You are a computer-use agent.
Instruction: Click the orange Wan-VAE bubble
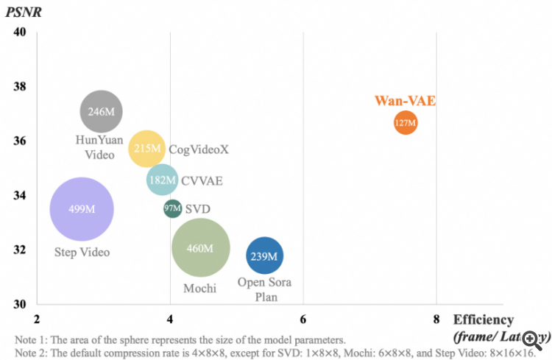[405, 123]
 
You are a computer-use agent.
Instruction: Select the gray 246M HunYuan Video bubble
[101, 112]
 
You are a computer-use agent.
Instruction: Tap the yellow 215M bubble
[146, 149]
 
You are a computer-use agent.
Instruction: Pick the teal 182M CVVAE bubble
[162, 180]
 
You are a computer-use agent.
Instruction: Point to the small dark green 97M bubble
[172, 208]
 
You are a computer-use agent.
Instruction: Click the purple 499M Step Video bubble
[82, 209]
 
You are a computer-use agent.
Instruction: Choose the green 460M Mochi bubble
[200, 248]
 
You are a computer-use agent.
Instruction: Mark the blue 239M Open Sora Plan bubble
[264, 256]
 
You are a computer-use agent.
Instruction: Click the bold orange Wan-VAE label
[405, 101]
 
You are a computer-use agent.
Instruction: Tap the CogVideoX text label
[199, 149]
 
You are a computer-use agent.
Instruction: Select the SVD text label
[197, 209]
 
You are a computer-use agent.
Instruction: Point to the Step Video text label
[82, 253]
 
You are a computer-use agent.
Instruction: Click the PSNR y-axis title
[23, 12]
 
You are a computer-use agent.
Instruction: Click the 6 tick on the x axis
[303, 320]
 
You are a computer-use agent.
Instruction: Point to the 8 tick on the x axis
[436, 320]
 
